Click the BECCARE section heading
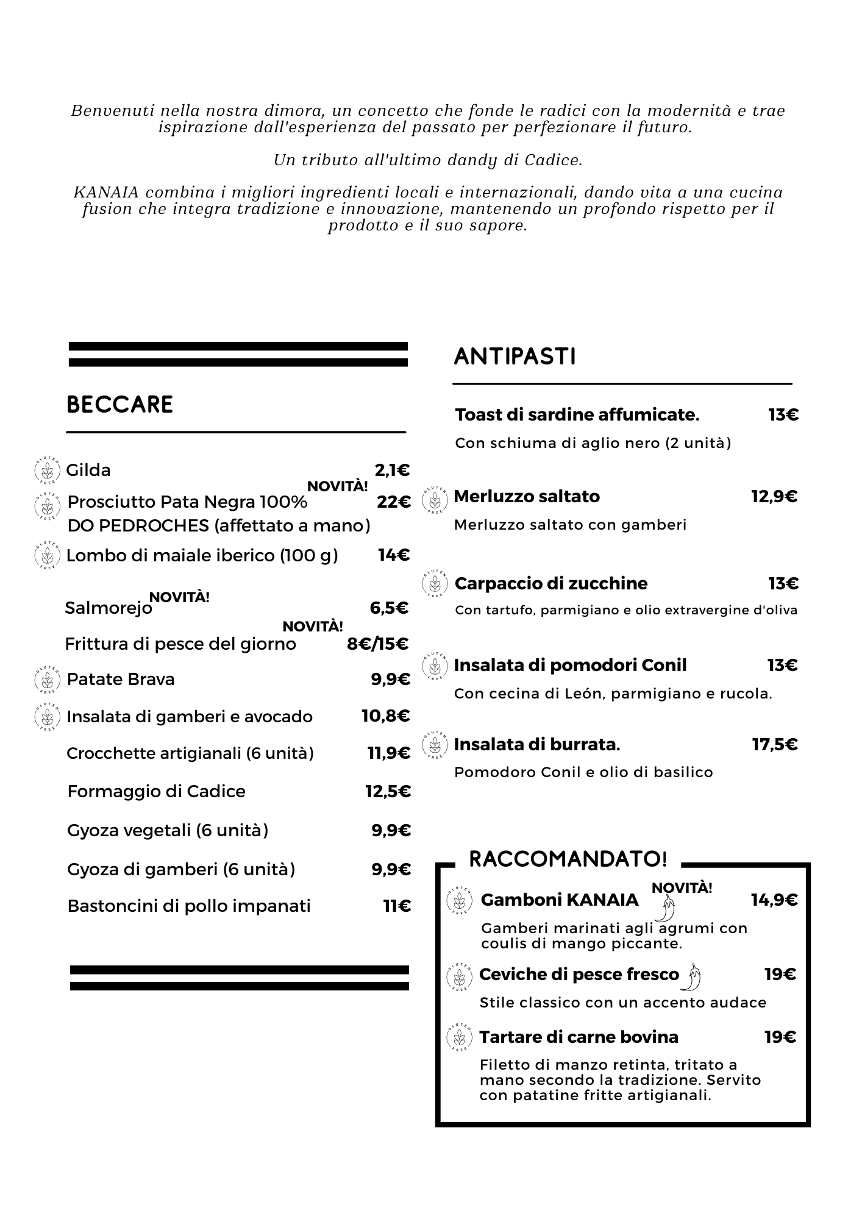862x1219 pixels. (119, 405)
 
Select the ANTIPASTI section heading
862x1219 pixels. (515, 357)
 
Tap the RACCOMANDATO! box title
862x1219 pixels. (568, 859)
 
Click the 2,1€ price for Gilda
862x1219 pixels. (392, 471)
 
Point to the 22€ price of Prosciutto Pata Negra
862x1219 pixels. (394, 502)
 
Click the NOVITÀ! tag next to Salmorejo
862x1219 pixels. (179, 597)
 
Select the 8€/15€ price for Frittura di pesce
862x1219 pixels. (378, 644)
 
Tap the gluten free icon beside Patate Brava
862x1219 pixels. (47, 680)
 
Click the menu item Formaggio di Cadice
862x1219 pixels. (156, 792)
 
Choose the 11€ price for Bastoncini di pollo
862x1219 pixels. (397, 906)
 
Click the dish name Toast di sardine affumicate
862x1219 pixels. (577, 415)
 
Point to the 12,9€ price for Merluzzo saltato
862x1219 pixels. (774, 497)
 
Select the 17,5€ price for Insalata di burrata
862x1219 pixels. (775, 745)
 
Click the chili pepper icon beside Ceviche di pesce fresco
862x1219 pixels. (693, 977)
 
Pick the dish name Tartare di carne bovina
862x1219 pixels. (579, 1037)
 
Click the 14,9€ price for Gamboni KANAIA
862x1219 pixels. (774, 900)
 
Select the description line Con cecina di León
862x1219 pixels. (613, 694)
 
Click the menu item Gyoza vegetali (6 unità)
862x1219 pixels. (168, 831)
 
